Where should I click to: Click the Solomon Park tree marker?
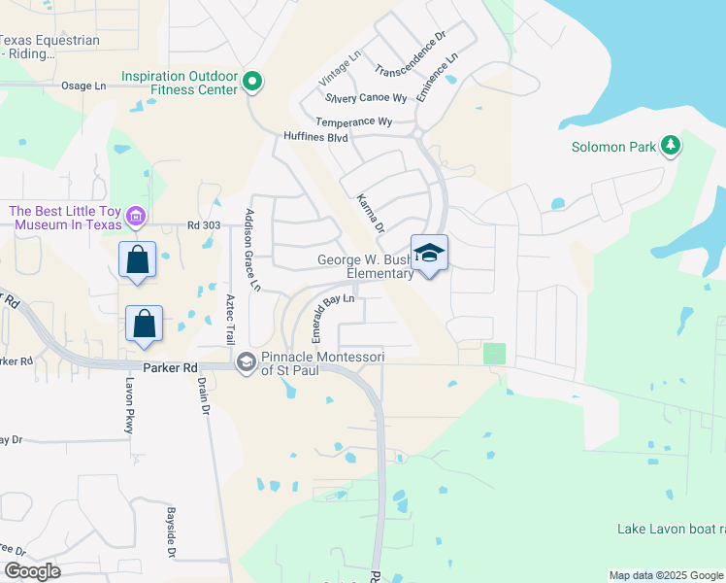pos(670,146)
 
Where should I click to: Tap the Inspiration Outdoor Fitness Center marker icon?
pos(252,82)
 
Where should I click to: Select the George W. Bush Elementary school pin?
pos(429,255)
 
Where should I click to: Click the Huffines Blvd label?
pos(315,137)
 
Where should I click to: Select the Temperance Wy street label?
pos(353,121)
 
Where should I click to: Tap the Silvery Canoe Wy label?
pos(366,98)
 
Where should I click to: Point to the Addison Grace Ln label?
pos(253,250)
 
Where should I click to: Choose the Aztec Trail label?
pos(230,319)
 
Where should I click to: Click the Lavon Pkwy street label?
pos(127,405)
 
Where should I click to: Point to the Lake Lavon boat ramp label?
pos(671,529)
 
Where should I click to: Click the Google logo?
pos(32,571)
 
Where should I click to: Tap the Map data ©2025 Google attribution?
pos(665,575)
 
